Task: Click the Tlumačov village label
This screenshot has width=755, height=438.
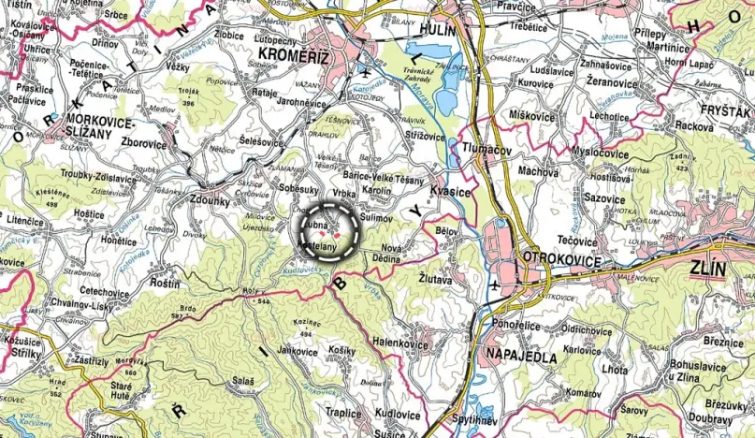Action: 484,149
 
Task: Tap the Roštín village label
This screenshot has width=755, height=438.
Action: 165,282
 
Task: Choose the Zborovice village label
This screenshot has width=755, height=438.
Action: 143,146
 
